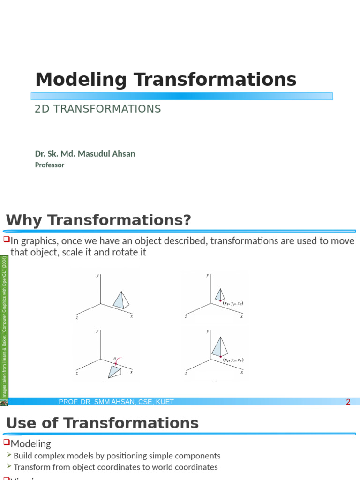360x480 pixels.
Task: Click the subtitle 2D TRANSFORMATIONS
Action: coord(98,109)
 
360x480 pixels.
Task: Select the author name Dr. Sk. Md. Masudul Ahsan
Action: coord(85,154)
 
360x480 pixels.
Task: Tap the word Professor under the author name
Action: coord(49,165)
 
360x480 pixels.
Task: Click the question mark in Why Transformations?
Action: coord(187,220)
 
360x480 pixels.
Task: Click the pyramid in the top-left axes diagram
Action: coord(121,300)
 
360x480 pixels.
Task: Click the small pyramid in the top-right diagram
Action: coord(219,294)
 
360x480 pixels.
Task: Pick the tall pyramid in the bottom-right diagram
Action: coord(219,347)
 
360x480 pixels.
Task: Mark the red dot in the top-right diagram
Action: coord(220,300)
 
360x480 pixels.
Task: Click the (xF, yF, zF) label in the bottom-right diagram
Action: coord(233,360)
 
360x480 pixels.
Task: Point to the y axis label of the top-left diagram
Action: coord(97,276)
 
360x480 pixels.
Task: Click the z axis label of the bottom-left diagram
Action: coord(76,373)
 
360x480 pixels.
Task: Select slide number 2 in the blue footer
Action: coord(348,402)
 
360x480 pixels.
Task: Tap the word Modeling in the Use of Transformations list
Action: coord(31,443)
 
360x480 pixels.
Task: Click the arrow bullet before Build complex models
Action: coord(9,455)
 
